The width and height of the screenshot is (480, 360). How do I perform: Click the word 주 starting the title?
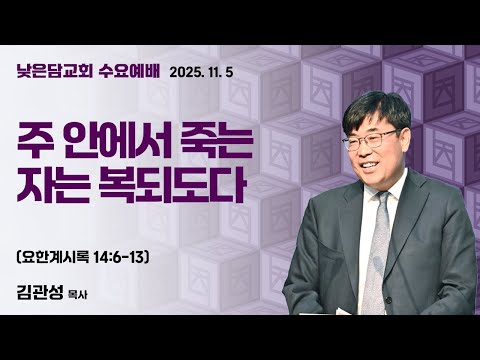tap(36, 143)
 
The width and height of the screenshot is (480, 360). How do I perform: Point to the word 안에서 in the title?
tap(119, 143)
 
